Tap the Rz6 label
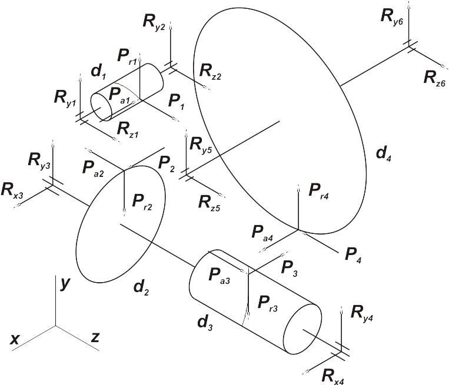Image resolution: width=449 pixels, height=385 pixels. coord(434,79)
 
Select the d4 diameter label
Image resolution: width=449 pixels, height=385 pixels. coord(384,154)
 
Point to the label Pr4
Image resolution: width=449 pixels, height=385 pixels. coord(319,191)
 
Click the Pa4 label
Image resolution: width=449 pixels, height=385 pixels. coord(262,233)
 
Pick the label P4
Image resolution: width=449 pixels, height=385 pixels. coord(353,255)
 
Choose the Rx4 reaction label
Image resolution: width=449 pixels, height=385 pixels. coord(332,376)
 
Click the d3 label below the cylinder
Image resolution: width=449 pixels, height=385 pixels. coord(205,323)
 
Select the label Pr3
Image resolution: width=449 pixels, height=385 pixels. coord(267,304)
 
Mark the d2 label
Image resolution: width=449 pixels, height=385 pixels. coord(141,288)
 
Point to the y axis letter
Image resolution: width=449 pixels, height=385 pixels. coord(65,284)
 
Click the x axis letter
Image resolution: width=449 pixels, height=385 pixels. coord(14,340)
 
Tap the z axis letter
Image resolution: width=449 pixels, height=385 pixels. coord(95,337)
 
